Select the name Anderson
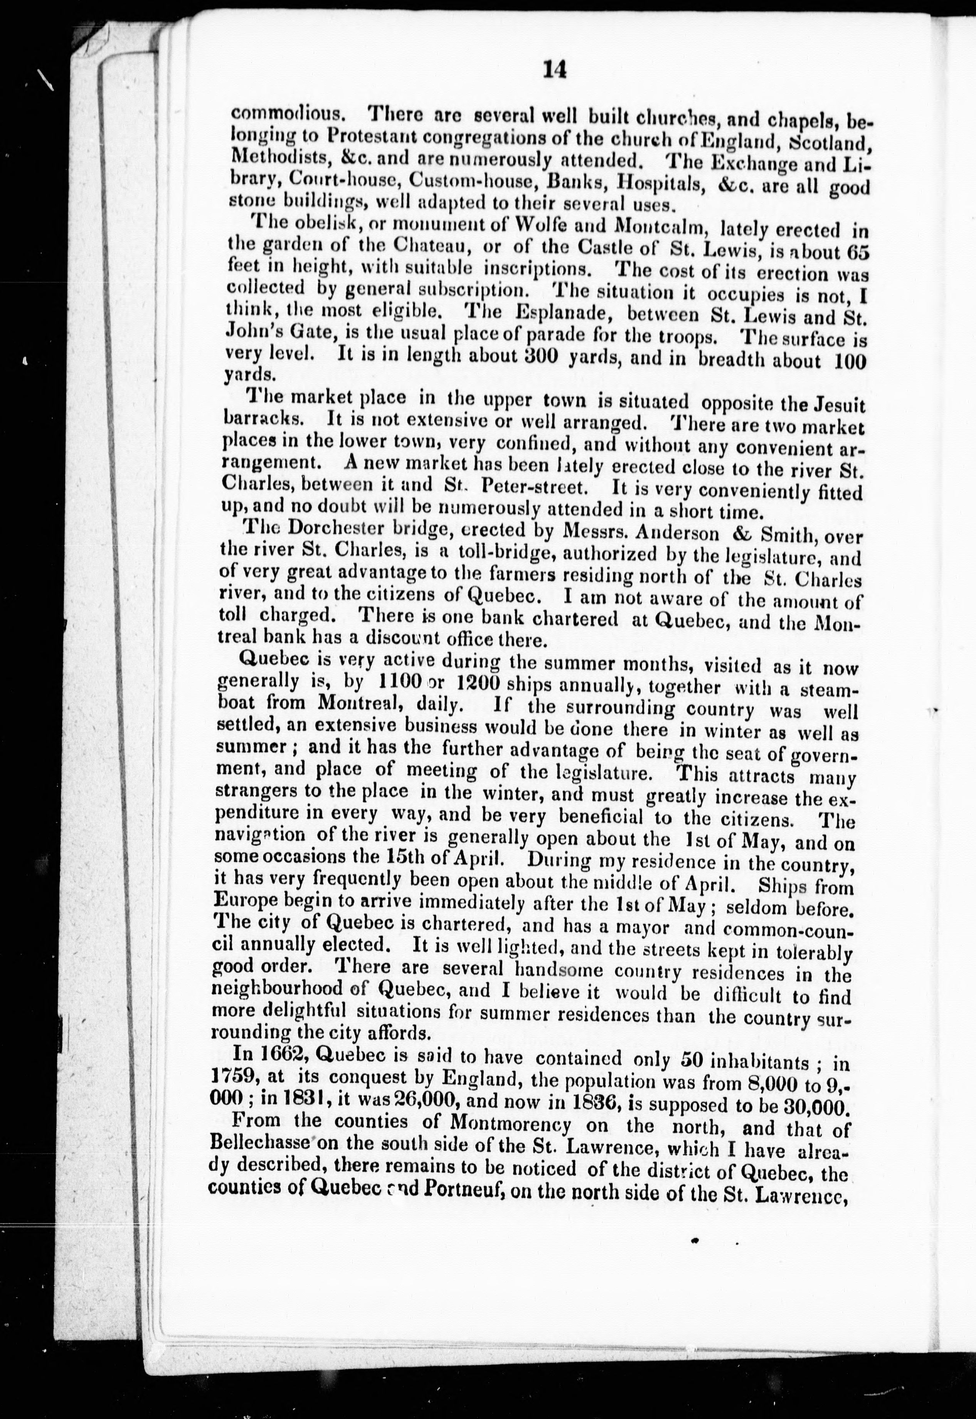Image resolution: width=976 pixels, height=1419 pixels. (x=677, y=533)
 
